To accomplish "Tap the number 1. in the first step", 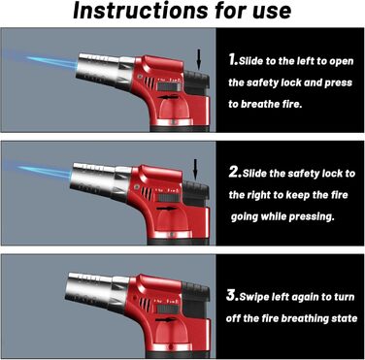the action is coord(233,59).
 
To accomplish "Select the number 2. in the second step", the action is coord(235,172).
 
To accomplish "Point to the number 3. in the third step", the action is coord(233,296).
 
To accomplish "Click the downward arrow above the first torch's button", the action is coord(199,59).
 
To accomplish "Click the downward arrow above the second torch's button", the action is coord(195,170).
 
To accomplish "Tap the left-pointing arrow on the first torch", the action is coord(169,97).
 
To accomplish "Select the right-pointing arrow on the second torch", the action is coord(167,208).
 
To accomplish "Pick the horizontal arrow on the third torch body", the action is coord(166,319).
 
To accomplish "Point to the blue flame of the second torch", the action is coord(46,172).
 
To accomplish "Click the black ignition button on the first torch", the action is coord(197,82).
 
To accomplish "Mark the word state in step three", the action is coord(345,318).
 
